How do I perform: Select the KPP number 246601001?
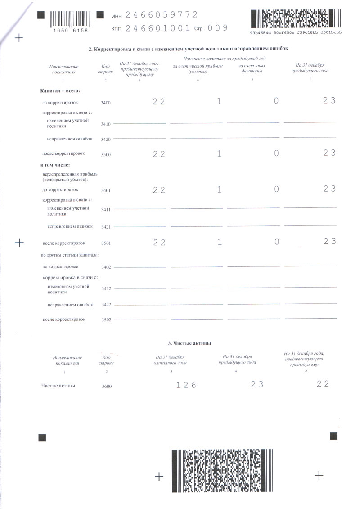click(x=157, y=28)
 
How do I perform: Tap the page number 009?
click(x=218, y=28)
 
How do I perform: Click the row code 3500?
click(x=106, y=154)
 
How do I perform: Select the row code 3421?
click(x=106, y=227)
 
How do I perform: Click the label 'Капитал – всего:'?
click(x=60, y=91)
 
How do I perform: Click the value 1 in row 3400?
click(x=219, y=102)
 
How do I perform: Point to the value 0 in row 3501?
click(x=276, y=242)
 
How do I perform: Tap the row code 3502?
click(x=106, y=320)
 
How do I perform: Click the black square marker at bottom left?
click(x=42, y=437)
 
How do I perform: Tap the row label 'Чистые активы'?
click(x=58, y=386)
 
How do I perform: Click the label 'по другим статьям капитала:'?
click(x=70, y=256)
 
